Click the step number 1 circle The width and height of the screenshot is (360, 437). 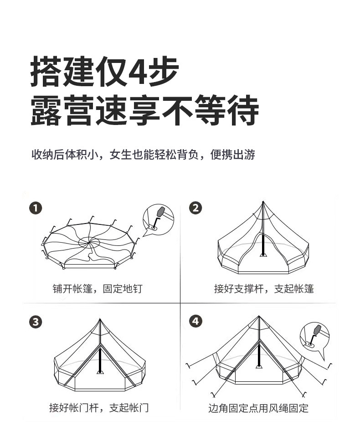[36, 208]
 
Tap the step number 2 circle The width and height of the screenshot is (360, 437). [195, 208]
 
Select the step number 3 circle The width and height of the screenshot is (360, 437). [36, 322]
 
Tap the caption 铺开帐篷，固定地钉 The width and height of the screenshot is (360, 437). [97, 289]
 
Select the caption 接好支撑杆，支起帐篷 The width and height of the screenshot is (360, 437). [264, 289]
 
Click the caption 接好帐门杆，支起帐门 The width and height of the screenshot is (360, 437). [98, 407]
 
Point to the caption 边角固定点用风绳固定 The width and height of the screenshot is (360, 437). [258, 408]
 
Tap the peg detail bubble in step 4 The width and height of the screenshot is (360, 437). [315, 335]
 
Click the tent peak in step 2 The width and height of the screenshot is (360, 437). [263, 203]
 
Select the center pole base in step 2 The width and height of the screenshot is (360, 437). [263, 255]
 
